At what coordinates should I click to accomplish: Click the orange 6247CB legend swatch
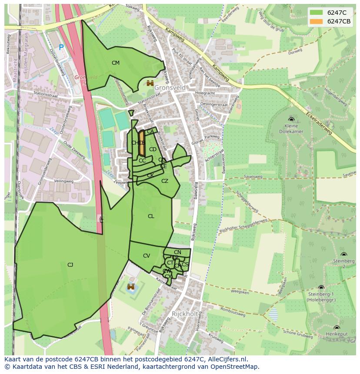click(x=317, y=22)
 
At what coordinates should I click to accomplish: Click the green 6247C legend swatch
click(x=317, y=13)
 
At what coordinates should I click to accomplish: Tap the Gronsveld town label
click(x=170, y=88)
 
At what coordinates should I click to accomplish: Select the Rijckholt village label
click(x=185, y=314)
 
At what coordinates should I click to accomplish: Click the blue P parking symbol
click(x=61, y=48)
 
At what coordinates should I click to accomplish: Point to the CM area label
click(x=115, y=63)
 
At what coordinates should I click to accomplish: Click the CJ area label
click(x=70, y=265)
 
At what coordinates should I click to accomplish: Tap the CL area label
click(x=151, y=216)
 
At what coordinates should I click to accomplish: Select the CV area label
click(x=146, y=256)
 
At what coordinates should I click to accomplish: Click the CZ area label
click(x=164, y=181)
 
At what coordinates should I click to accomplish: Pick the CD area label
click(x=153, y=149)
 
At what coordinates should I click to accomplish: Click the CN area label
click(x=177, y=252)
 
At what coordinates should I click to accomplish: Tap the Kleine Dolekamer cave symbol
click(x=291, y=119)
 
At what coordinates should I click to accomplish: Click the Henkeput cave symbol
click(x=337, y=328)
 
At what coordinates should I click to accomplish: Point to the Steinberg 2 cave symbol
click(x=343, y=255)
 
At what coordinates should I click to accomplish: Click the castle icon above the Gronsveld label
click(x=150, y=83)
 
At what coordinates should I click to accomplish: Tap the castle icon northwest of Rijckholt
click(x=131, y=287)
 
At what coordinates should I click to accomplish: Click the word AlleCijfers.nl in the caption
click(x=228, y=359)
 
